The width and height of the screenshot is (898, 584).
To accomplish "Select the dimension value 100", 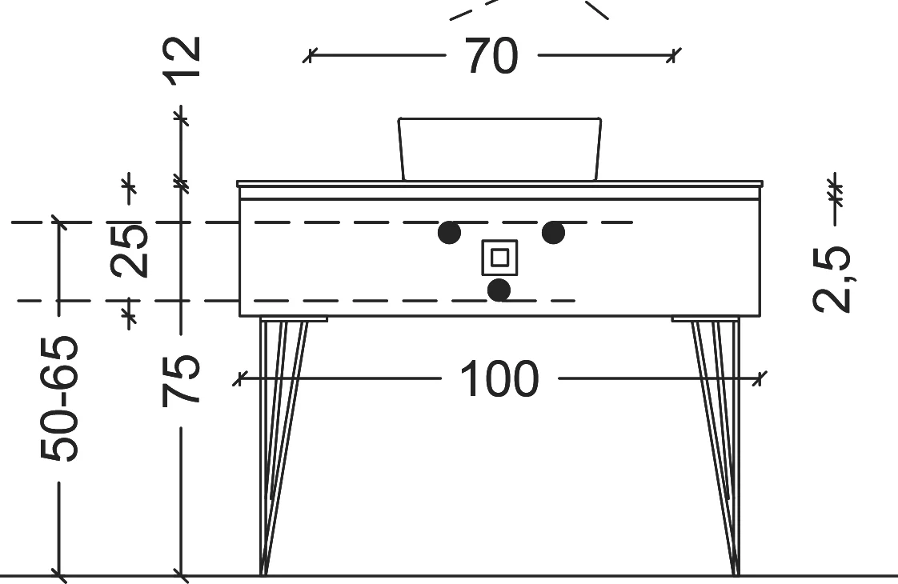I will (499, 378).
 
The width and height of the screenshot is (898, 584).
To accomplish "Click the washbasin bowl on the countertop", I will (499, 149).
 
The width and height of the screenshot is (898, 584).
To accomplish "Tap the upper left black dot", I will (449, 233).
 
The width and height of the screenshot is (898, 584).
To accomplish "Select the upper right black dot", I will (553, 233).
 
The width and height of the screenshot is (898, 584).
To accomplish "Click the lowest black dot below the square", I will (499, 290).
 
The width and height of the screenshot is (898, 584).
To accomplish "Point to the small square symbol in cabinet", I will (499, 258).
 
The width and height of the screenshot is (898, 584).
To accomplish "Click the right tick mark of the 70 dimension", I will (674, 56).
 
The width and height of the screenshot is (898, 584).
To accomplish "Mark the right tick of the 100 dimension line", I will (761, 378).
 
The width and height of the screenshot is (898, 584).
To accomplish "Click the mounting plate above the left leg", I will (294, 319).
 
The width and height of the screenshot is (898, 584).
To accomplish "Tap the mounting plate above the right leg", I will (704, 319).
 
